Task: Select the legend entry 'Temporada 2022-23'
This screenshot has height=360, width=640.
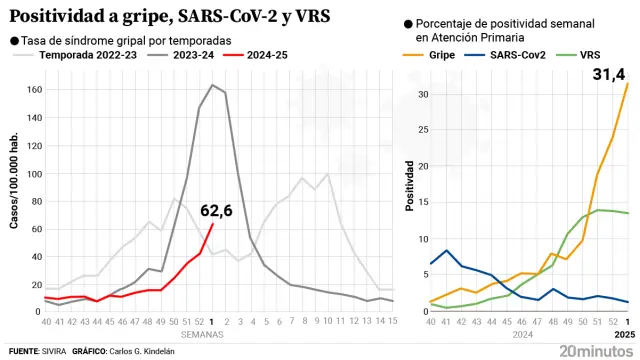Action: (75, 55)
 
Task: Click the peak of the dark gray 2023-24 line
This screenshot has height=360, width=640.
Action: (212, 85)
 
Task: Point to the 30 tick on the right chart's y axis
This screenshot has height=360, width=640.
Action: (422, 94)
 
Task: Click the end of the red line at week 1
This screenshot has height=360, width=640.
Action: (212, 224)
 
